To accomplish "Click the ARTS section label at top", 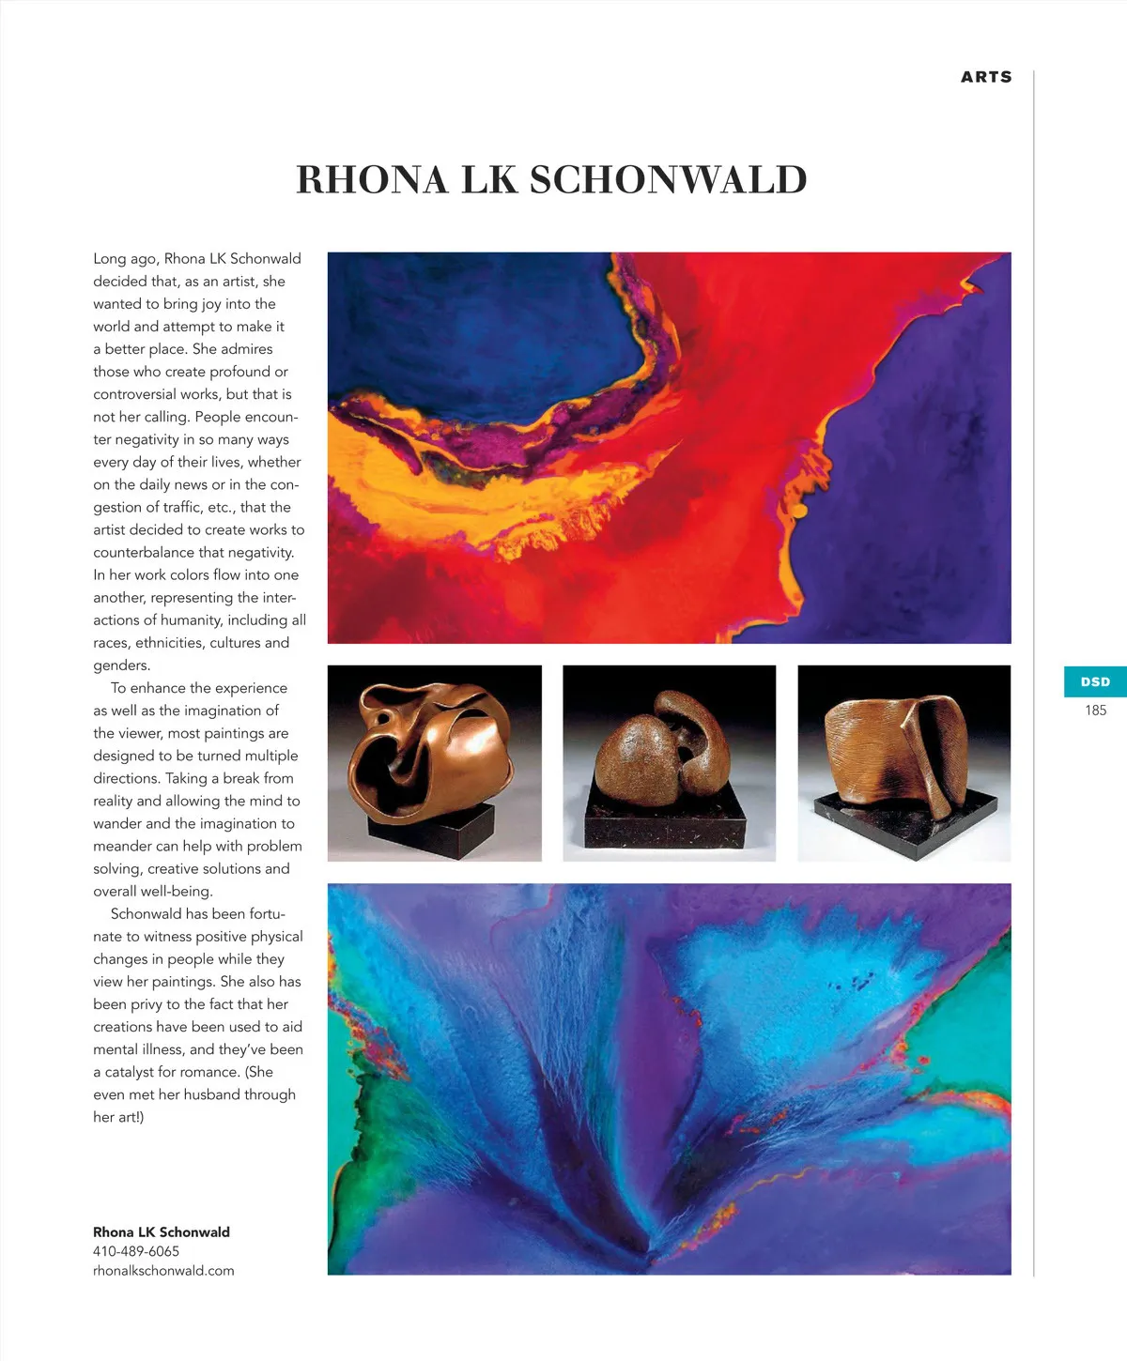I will pyautogui.click(x=986, y=77).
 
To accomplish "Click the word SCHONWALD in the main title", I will pyautogui.click(x=669, y=179).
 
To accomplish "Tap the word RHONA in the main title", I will pyautogui.click(x=372, y=179).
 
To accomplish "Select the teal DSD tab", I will pyautogui.click(x=1095, y=681).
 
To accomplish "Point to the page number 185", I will pyautogui.click(x=1095, y=711).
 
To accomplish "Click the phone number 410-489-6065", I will pyautogui.click(x=136, y=1251).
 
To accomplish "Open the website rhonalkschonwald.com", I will pyautogui.click(x=163, y=1271).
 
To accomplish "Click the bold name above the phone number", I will pyautogui.click(x=162, y=1231).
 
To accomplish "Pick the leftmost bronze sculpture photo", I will pyautogui.click(x=434, y=762).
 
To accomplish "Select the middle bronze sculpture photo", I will pyautogui.click(x=669, y=762).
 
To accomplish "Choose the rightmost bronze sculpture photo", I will pyautogui.click(x=903, y=762).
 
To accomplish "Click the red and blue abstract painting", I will pyautogui.click(x=669, y=447).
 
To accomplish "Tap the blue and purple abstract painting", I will pyautogui.click(x=669, y=1078).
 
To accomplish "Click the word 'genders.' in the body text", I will pyautogui.click(x=121, y=665).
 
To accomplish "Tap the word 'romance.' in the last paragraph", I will pyautogui.click(x=209, y=1072).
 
